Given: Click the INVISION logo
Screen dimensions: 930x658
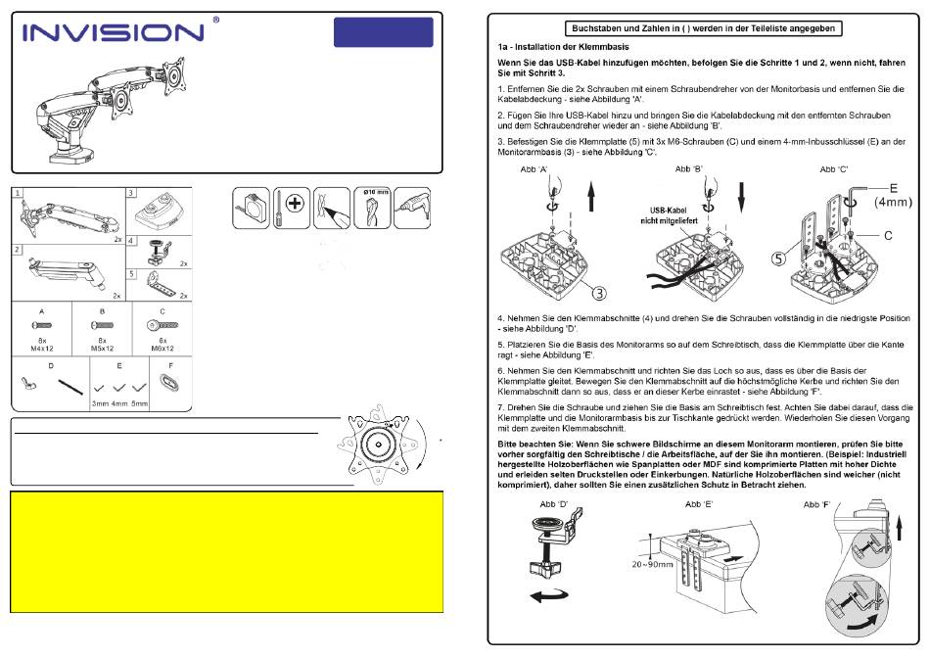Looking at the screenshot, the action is [x=113, y=32].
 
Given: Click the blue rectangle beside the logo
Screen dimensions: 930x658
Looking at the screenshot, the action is [x=383, y=32].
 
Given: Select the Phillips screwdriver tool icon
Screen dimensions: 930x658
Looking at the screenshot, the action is [x=291, y=208].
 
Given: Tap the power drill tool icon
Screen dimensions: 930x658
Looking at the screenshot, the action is [x=412, y=208].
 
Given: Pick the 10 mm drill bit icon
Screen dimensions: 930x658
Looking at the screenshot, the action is [x=372, y=208].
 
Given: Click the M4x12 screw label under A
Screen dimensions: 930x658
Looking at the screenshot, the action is [x=42, y=349].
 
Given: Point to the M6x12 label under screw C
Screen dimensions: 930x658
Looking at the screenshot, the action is [x=163, y=349].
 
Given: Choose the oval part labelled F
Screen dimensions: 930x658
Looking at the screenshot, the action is [x=169, y=382].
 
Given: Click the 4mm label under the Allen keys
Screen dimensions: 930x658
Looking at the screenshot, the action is [x=119, y=403].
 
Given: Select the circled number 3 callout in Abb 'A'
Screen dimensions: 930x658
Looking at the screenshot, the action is [x=600, y=293].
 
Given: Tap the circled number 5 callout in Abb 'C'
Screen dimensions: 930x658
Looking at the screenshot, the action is [x=779, y=258].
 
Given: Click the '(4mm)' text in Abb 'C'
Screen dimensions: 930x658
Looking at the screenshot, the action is [x=893, y=203].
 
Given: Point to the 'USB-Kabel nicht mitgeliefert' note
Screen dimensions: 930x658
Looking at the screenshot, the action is [x=669, y=215].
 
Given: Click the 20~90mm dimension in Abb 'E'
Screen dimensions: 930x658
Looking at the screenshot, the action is [x=652, y=564].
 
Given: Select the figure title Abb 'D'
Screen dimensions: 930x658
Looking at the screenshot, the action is [x=554, y=504].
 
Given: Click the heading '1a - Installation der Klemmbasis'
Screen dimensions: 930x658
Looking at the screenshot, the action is [x=564, y=47].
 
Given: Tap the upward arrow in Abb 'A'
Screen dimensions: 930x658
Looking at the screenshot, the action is [x=590, y=197].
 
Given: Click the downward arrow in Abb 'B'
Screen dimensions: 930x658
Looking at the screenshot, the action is [x=741, y=197].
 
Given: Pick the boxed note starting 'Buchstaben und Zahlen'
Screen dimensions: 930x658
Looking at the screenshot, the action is [x=704, y=28].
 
